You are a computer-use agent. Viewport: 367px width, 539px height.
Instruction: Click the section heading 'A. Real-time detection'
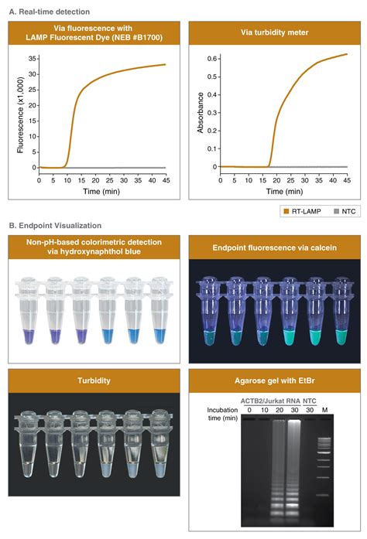[48, 12]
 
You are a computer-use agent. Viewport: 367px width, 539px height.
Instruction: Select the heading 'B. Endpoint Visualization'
[54, 226]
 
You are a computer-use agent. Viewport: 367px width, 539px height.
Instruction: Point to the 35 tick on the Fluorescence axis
[31, 58]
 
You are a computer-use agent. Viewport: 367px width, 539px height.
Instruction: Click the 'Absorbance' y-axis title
[200, 112]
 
